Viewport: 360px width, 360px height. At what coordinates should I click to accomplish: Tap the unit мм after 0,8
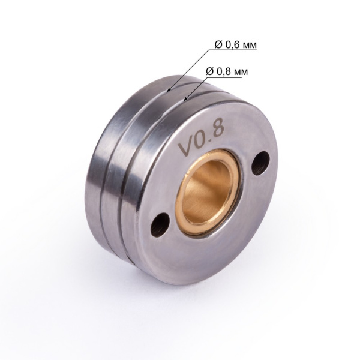240,71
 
